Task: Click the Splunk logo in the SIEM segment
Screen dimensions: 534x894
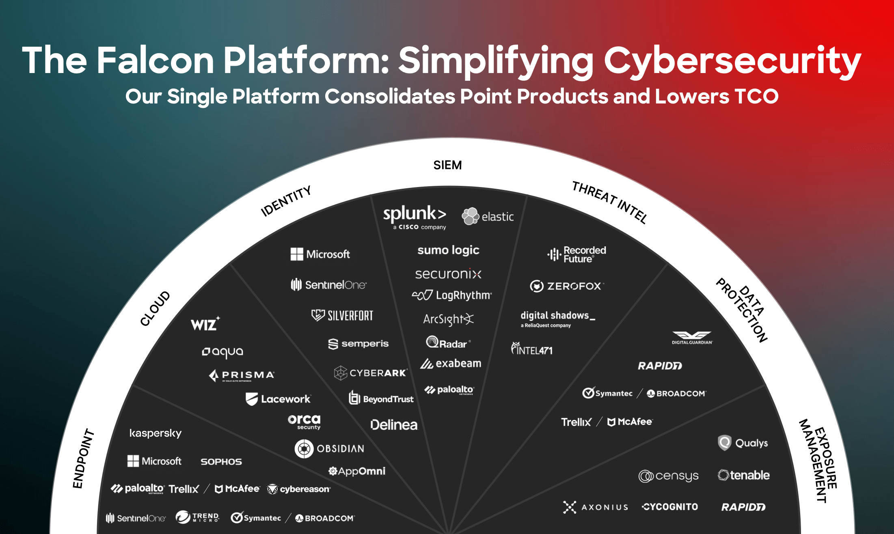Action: pyautogui.click(x=415, y=217)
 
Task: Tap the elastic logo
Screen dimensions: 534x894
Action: pyautogui.click(x=488, y=216)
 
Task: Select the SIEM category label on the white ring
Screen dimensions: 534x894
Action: pyautogui.click(x=447, y=165)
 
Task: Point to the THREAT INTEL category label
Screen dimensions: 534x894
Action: pyautogui.click(x=609, y=202)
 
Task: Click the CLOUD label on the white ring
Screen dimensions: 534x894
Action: pyautogui.click(x=155, y=308)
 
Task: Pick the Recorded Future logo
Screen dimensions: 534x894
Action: pyautogui.click(x=577, y=254)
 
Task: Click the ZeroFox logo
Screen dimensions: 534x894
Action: pyautogui.click(x=567, y=286)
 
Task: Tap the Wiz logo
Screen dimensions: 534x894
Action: pyautogui.click(x=205, y=324)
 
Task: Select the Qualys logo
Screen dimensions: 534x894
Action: pyautogui.click(x=743, y=443)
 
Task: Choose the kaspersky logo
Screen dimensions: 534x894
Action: pyautogui.click(x=155, y=433)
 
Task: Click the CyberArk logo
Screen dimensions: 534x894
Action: pyautogui.click(x=370, y=373)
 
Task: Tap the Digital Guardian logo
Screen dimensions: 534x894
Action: pyautogui.click(x=692, y=337)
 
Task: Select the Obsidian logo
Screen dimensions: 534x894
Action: pyautogui.click(x=329, y=449)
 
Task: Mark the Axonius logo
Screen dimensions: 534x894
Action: pyautogui.click(x=596, y=507)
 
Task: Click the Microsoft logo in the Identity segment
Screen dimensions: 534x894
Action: pyautogui.click(x=320, y=254)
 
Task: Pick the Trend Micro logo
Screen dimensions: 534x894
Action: pyautogui.click(x=197, y=517)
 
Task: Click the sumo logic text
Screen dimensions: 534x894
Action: pyautogui.click(x=448, y=250)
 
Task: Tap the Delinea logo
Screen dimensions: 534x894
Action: pyautogui.click(x=394, y=425)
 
